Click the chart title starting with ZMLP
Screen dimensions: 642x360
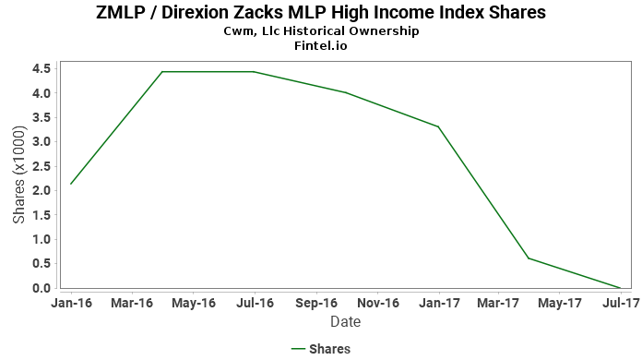click(321, 12)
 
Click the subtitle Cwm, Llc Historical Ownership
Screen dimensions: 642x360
click(321, 31)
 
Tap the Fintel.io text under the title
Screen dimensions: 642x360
click(321, 45)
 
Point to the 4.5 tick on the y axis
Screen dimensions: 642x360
click(42, 68)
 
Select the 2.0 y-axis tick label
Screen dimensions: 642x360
click(42, 190)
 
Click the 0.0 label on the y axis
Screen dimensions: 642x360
click(42, 288)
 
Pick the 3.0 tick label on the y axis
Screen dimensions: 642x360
click(42, 142)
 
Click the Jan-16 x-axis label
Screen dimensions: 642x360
click(72, 303)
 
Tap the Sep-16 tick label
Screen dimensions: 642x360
click(316, 303)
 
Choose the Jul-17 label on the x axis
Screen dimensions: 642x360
click(621, 303)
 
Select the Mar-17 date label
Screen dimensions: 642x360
click(498, 303)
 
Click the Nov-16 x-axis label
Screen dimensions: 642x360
click(378, 303)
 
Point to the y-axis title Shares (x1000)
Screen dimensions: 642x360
click(18, 174)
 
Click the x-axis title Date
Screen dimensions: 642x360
click(346, 322)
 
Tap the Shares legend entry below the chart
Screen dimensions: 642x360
click(321, 349)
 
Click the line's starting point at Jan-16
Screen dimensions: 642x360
click(71, 184)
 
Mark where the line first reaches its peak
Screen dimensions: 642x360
click(162, 72)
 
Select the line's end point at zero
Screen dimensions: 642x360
click(620, 288)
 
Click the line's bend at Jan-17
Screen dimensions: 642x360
click(438, 126)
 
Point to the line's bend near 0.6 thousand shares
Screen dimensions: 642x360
click(529, 258)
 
